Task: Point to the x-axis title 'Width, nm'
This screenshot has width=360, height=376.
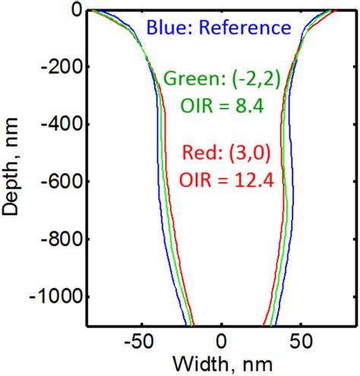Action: click(x=223, y=361)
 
